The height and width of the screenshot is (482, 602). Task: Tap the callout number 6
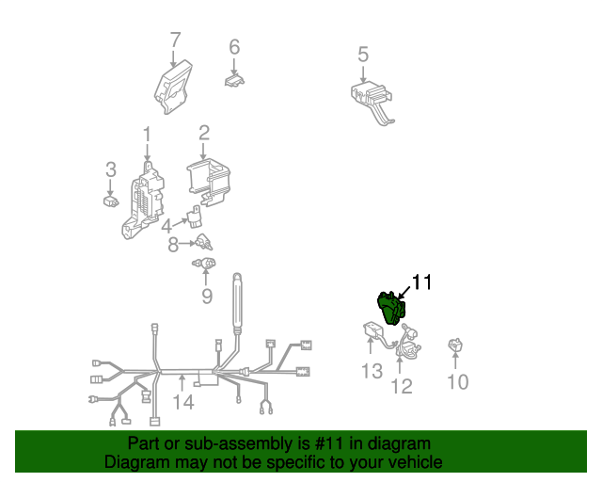(x=234, y=46)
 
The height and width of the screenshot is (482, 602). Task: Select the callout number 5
(x=363, y=55)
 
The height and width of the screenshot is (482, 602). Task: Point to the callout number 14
(x=182, y=403)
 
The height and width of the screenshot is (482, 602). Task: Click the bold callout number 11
(x=420, y=281)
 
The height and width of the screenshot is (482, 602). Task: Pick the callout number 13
(x=372, y=372)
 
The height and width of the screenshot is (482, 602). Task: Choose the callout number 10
(x=457, y=381)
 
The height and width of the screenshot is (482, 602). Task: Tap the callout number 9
(x=206, y=298)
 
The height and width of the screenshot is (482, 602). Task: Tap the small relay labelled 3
(x=110, y=201)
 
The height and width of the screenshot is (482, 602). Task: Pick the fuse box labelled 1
(x=139, y=204)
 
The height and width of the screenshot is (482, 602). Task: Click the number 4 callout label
(x=166, y=226)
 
